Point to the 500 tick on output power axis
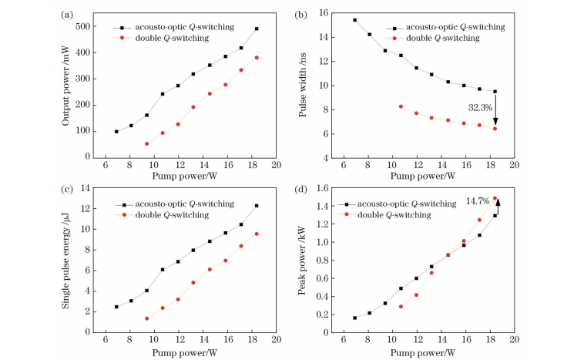tap(94, 26)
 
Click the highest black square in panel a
tap(257, 29)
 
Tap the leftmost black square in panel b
tap(354, 20)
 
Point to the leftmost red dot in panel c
tap(146, 318)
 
